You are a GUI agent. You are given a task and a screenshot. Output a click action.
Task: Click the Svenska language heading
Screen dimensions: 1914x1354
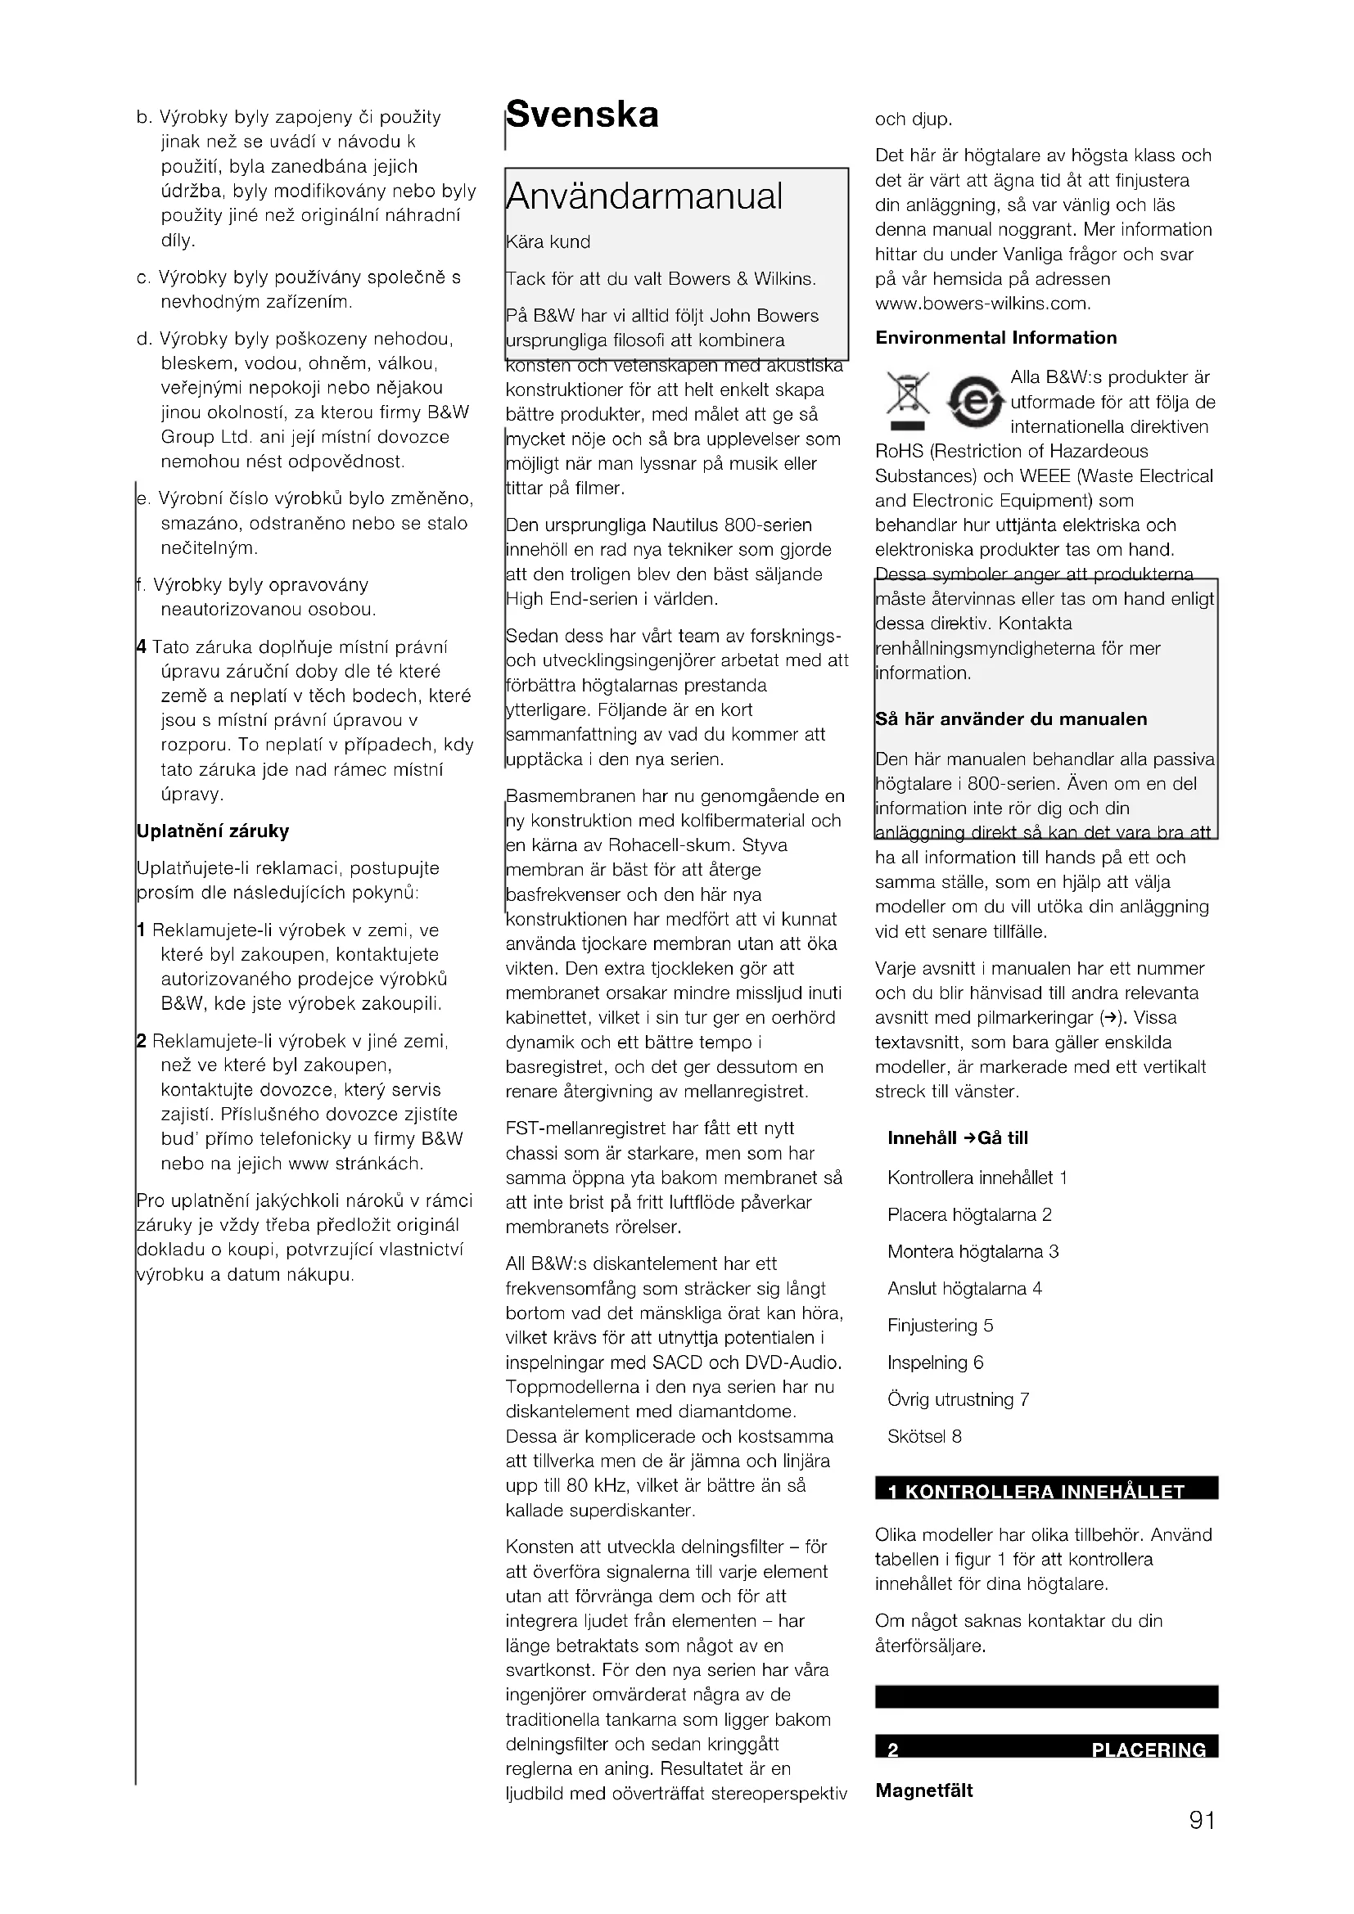tap(582, 115)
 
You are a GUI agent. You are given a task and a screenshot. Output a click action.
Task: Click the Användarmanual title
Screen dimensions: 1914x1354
tap(644, 196)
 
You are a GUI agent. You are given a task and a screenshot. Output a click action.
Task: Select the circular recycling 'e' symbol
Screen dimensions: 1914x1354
tap(974, 401)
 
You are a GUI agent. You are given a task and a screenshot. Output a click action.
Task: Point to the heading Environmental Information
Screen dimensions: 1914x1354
tap(995, 338)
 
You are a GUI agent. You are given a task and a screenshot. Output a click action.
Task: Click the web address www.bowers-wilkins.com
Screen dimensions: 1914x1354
tap(982, 304)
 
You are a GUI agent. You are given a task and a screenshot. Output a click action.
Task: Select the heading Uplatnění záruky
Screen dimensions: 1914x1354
tap(213, 831)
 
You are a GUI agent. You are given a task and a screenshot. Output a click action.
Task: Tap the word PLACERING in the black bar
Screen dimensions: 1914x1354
tap(1148, 1750)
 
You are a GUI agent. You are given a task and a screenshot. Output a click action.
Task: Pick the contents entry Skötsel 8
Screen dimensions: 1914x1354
tap(923, 1436)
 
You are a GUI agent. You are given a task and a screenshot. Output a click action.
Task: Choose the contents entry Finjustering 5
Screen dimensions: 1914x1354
tap(940, 1326)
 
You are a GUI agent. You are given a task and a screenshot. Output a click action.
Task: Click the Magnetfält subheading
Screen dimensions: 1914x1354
tap(923, 1790)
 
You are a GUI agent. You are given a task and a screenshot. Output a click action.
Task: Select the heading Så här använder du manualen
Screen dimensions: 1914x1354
tap(1010, 719)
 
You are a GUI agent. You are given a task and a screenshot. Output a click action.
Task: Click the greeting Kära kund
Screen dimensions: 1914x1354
tap(548, 242)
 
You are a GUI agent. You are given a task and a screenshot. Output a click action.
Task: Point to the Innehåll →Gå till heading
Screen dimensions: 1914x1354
tap(957, 1139)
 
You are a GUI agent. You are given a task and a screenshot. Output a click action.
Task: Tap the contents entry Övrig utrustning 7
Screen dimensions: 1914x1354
tap(958, 1399)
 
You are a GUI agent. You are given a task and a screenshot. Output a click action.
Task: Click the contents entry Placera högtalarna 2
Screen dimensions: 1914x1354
tap(968, 1214)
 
